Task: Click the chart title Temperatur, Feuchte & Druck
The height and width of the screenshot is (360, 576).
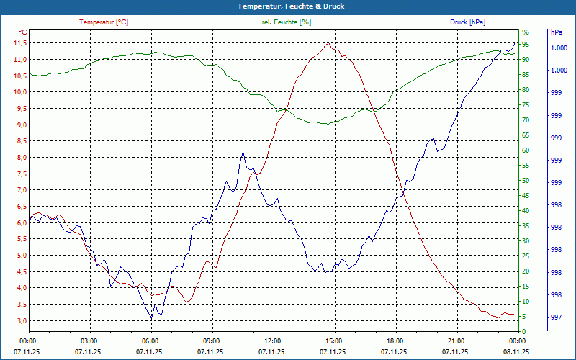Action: click(287, 6)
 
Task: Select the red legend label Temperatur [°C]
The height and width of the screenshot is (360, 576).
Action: click(104, 22)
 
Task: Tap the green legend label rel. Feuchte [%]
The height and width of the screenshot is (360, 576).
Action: click(287, 22)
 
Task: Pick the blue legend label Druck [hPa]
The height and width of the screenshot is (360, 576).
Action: click(467, 22)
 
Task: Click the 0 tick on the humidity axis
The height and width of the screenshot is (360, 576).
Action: click(523, 332)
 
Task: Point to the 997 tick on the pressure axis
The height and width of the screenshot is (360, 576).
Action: click(556, 318)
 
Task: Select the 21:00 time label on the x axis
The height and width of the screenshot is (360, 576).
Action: click(456, 341)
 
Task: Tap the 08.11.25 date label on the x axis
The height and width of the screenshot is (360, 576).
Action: click(516, 352)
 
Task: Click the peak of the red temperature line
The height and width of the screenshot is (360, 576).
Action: click(328, 42)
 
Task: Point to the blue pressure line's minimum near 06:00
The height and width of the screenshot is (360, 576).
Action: click(151, 318)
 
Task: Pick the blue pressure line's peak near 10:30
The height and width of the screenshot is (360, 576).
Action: click(243, 152)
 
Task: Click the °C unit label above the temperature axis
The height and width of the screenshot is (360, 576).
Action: click(23, 32)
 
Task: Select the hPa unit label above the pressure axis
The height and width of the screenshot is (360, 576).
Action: click(556, 32)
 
